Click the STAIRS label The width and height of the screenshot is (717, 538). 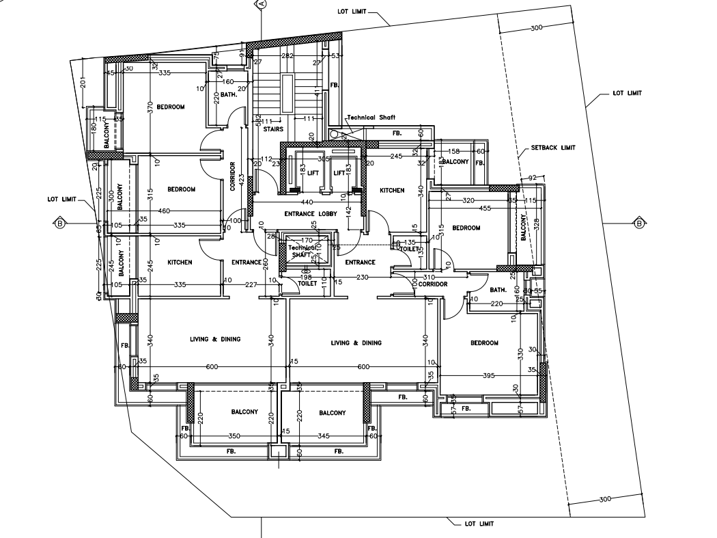click(x=273, y=129)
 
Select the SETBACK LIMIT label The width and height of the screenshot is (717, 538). click(x=553, y=148)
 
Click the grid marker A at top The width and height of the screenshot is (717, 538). click(x=261, y=3)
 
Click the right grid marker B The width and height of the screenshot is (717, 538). click(x=639, y=223)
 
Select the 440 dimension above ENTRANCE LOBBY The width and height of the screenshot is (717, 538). click(x=307, y=202)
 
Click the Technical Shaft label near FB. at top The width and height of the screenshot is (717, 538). click(x=371, y=118)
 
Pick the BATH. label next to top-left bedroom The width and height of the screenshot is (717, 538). click(x=228, y=95)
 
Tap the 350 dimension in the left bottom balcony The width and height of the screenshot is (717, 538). click(x=234, y=435)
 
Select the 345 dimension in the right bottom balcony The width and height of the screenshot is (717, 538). click(x=324, y=435)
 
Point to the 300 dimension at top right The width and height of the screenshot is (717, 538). click(x=536, y=28)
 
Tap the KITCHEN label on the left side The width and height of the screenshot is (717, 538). click(x=180, y=263)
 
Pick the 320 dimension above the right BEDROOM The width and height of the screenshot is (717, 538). click(x=468, y=201)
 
